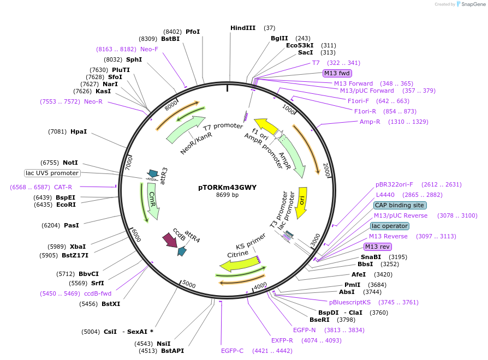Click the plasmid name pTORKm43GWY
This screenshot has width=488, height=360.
point(227,187)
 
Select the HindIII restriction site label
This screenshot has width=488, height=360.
point(242,28)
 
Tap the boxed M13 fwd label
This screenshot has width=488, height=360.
point(337,73)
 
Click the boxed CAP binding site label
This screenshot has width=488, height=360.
point(400,206)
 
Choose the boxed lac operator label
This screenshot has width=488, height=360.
point(390,226)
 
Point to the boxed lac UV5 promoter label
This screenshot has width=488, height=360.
point(52,173)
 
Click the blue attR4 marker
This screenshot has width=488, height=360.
point(182,251)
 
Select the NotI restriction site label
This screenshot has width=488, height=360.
point(70,163)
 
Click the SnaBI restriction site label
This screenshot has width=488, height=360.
point(371,257)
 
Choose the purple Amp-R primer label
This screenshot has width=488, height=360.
point(370,122)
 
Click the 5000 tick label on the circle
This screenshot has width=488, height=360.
point(189,284)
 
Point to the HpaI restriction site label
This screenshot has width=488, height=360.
point(78,131)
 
